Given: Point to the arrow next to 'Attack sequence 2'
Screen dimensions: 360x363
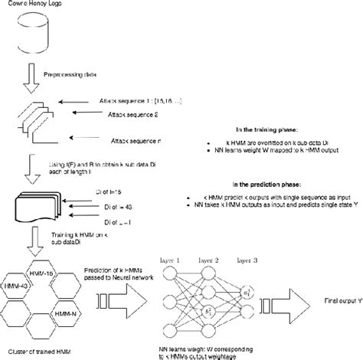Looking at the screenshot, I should click(80, 113).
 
